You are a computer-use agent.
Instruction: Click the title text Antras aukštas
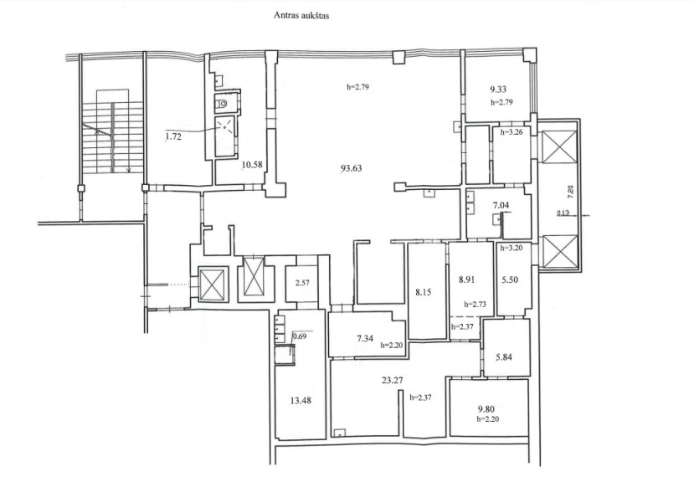pyautogui.click(x=301, y=16)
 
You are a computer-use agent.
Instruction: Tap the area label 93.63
pyautogui.click(x=351, y=168)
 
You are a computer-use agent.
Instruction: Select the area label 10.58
pyautogui.click(x=252, y=165)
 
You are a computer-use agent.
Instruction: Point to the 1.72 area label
pyautogui.click(x=173, y=136)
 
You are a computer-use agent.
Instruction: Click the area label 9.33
pyautogui.click(x=498, y=90)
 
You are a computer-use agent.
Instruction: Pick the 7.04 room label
pyautogui.click(x=501, y=205)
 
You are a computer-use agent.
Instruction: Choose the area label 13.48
pyautogui.click(x=301, y=401)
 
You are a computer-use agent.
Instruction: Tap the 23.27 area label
pyautogui.click(x=392, y=380)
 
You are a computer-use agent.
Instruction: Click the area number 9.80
pyautogui.click(x=486, y=409)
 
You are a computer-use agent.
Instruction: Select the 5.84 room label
pyautogui.click(x=504, y=357)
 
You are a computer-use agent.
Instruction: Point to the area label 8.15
pyautogui.click(x=423, y=293)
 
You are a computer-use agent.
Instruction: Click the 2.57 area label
pyautogui.click(x=302, y=283)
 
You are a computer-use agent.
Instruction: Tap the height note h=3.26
pyautogui.click(x=512, y=131)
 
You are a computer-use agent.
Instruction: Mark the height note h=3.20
pyautogui.click(x=512, y=248)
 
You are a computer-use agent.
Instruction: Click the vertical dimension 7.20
pyautogui.click(x=570, y=191)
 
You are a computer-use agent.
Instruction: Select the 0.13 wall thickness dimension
pyautogui.click(x=563, y=213)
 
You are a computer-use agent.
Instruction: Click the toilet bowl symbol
pyautogui.click(x=221, y=105)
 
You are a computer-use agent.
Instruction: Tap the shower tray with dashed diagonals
pyautogui.click(x=226, y=136)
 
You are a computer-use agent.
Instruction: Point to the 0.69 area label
pyautogui.click(x=300, y=336)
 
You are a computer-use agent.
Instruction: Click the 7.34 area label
pyautogui.click(x=365, y=338)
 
